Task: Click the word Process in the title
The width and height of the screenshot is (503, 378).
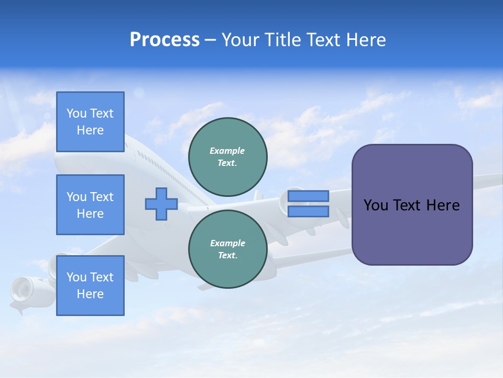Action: click(x=165, y=40)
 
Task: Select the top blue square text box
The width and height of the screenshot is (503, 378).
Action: click(x=90, y=122)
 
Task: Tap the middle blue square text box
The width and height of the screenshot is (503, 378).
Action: click(x=90, y=205)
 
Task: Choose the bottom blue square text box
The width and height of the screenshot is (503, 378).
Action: click(x=90, y=286)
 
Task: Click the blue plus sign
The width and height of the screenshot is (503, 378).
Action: click(x=161, y=204)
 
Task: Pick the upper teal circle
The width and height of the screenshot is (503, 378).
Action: click(x=228, y=156)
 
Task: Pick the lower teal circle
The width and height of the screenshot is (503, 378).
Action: click(x=228, y=249)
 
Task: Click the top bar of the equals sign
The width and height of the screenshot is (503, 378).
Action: click(x=308, y=196)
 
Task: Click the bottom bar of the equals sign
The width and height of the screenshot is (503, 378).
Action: click(x=308, y=212)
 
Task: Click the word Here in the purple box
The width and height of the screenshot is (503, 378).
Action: click(x=443, y=205)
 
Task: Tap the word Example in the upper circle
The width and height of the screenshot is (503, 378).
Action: click(x=227, y=151)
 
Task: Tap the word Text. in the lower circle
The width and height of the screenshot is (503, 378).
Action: click(x=227, y=256)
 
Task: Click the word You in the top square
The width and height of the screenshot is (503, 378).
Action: click(x=76, y=113)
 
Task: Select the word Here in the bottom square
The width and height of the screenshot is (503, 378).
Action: click(x=90, y=294)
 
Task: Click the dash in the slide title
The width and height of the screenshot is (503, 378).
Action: click(x=211, y=40)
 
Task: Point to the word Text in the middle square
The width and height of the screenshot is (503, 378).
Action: click(x=102, y=197)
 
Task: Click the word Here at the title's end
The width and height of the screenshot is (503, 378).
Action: click(x=365, y=40)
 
